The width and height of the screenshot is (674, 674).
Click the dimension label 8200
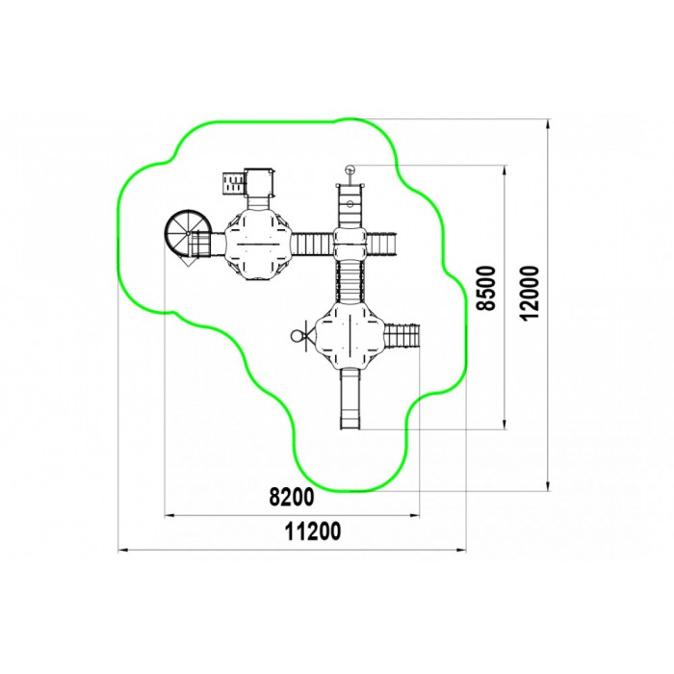[292, 497]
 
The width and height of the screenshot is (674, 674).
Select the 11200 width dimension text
[313, 531]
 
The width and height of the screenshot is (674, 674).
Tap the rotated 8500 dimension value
[486, 288]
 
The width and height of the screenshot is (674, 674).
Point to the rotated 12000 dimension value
[530, 293]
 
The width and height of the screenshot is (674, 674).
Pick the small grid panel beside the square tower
[233, 184]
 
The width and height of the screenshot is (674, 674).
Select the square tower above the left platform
[259, 182]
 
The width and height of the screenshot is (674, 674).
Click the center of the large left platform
[258, 244]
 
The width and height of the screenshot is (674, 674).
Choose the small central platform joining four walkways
[350, 244]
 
